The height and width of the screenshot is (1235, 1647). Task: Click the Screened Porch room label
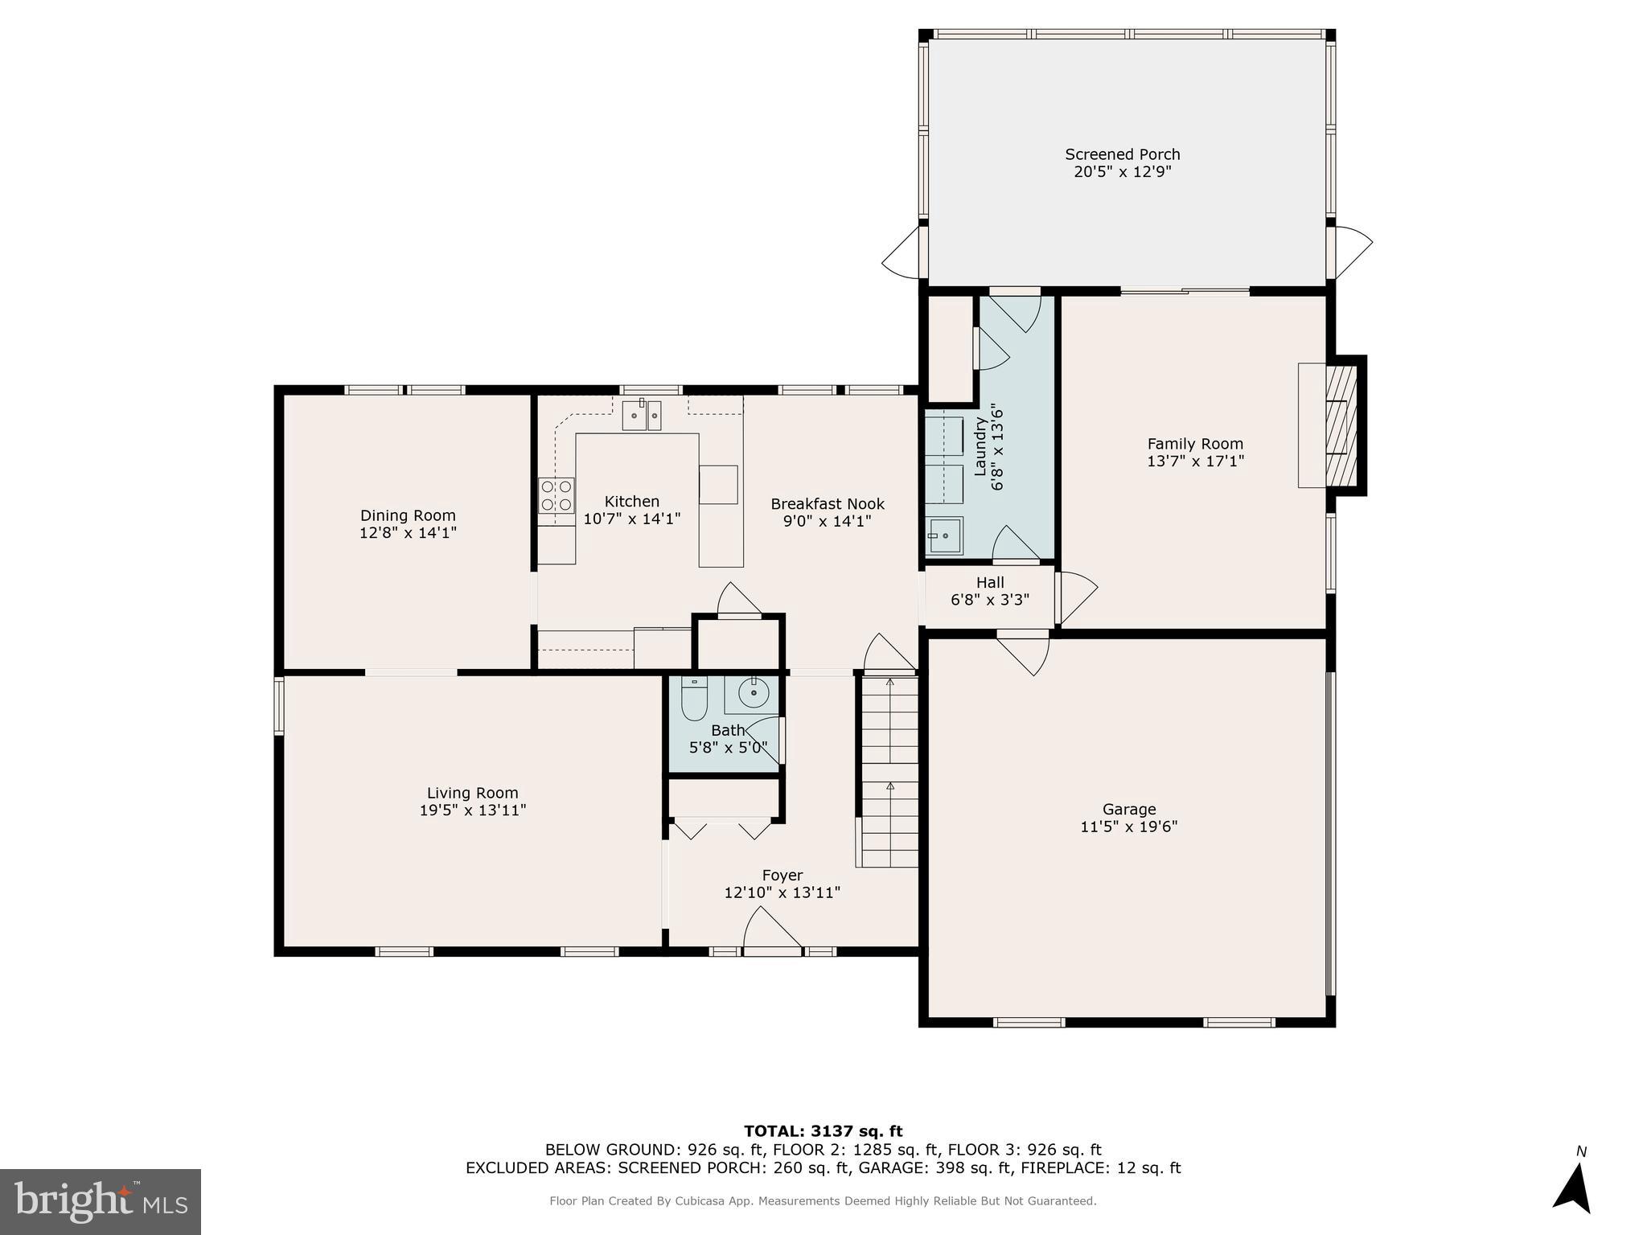pos(1122,154)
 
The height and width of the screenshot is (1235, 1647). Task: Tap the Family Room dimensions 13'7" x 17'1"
pos(1195,462)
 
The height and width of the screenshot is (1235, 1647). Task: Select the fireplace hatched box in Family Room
pos(1341,425)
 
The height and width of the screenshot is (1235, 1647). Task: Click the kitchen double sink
pos(641,416)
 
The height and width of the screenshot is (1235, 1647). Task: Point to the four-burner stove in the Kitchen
pos(557,495)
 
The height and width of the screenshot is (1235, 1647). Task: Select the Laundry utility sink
pos(944,535)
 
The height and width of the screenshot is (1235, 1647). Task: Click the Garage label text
pos(1129,809)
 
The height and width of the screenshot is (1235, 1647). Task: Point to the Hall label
pos(990,582)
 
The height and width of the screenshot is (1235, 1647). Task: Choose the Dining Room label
pos(408,515)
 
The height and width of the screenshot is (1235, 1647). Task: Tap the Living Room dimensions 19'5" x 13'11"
pos(473,810)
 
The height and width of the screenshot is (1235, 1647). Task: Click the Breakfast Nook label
pos(828,504)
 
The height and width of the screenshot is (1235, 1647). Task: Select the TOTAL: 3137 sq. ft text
pos(823,1131)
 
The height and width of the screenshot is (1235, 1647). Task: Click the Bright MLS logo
pos(101,1201)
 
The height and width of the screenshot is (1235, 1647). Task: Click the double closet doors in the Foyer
pos(722,829)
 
